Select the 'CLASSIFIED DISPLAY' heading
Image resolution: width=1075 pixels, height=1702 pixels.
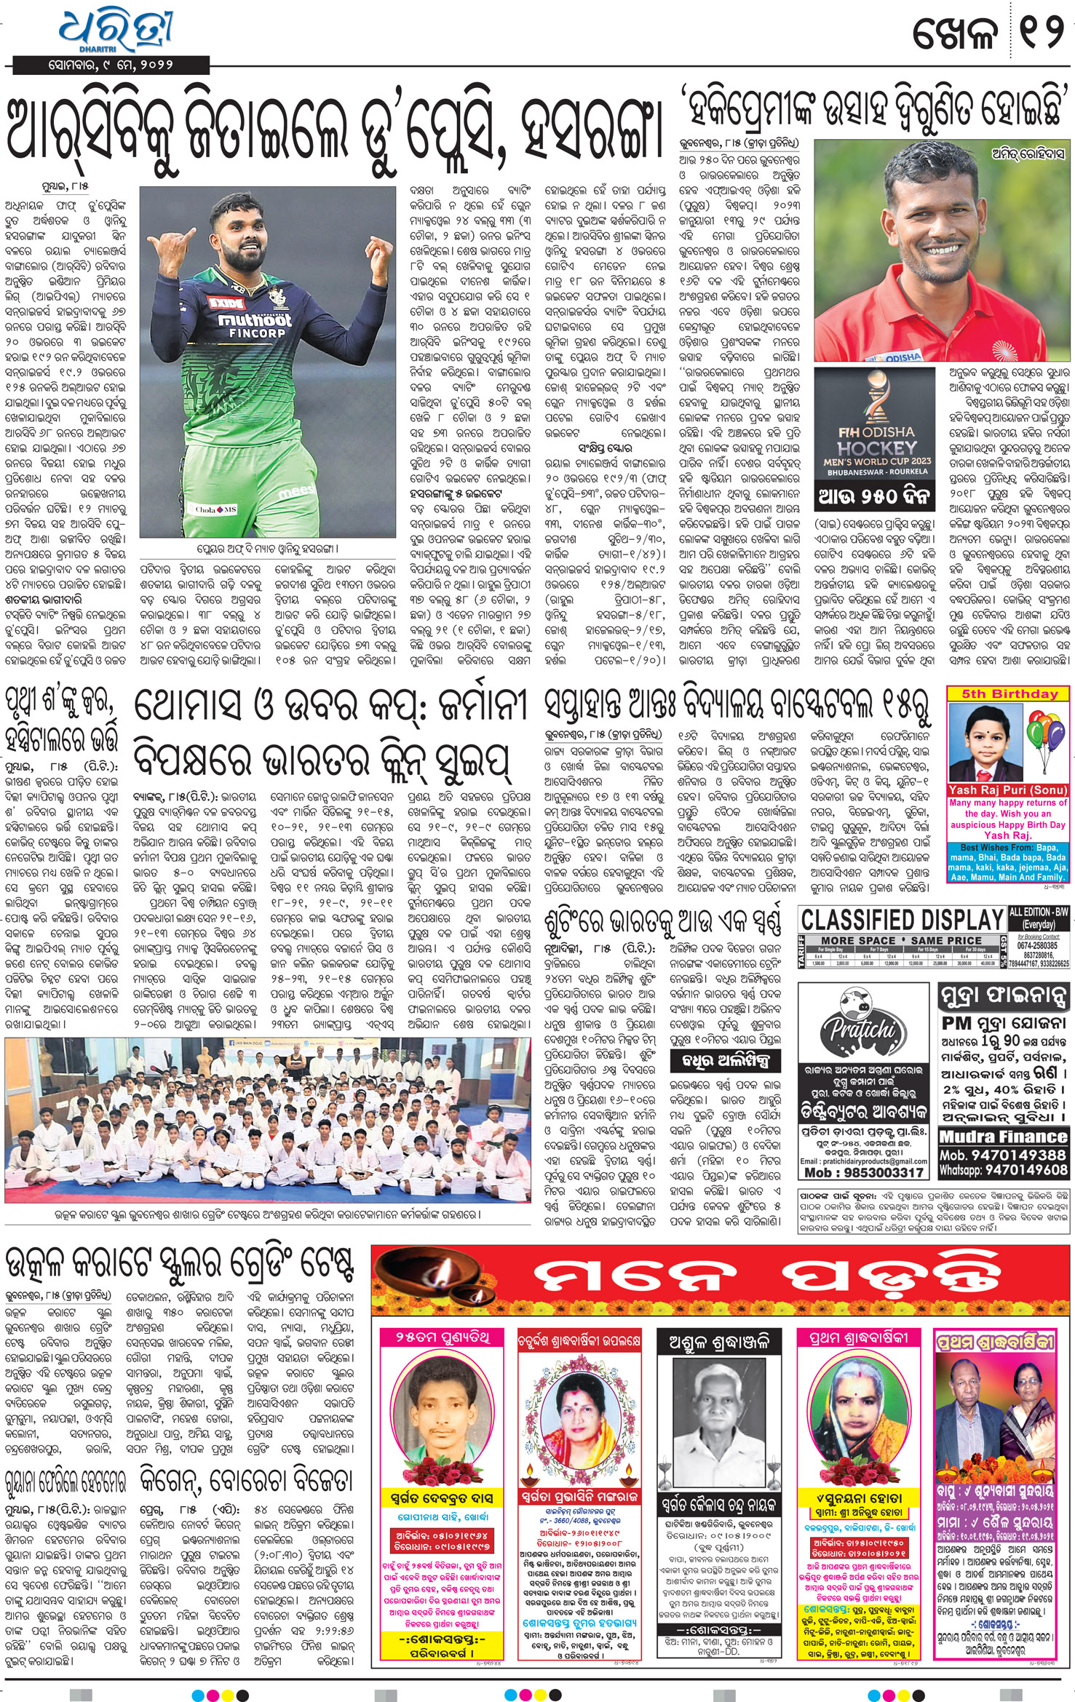pos(903,920)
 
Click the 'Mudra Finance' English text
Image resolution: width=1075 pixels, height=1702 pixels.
pos(1004,1137)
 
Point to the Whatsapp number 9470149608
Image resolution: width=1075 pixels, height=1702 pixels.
pos(1025,1169)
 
